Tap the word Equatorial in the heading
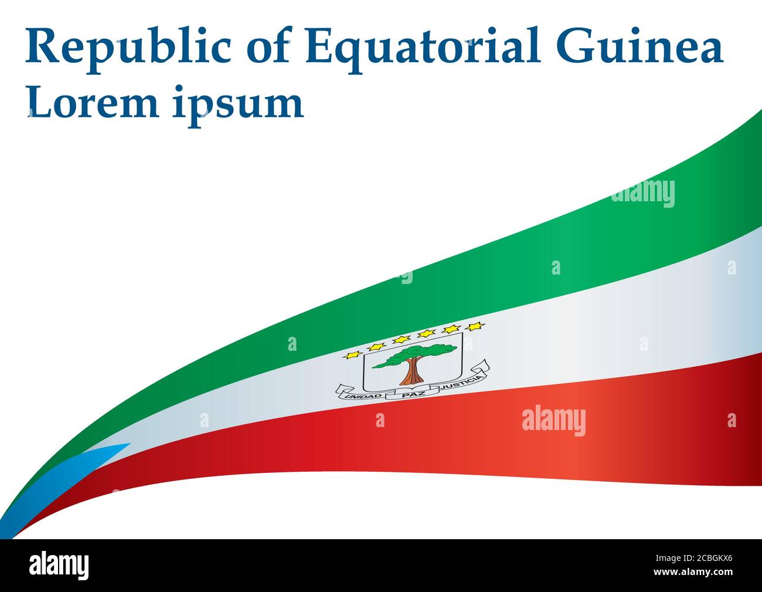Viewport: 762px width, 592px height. [421, 47]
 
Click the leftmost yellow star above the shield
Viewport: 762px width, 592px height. [353, 354]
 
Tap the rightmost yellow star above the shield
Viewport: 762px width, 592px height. [474, 326]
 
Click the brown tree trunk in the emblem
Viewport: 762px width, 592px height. [414, 370]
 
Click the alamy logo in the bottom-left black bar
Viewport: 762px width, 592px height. [59, 566]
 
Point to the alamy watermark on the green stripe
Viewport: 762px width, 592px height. [642, 194]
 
